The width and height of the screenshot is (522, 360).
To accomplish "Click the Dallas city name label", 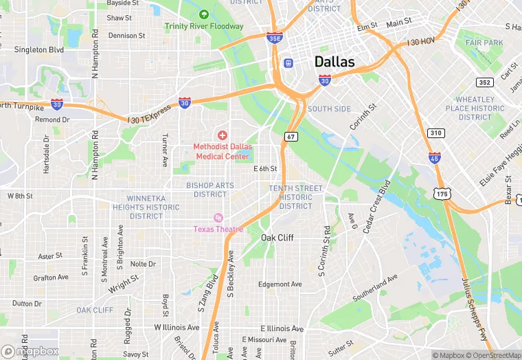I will pyautogui.click(x=334, y=62).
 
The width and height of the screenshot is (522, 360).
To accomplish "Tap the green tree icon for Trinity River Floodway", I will pyautogui.click(x=203, y=14).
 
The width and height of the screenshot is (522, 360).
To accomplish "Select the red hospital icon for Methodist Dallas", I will pyautogui.click(x=222, y=135).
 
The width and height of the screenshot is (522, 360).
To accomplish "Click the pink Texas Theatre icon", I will pyautogui.click(x=218, y=218).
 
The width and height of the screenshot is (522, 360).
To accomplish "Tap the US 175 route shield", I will pyautogui.click(x=441, y=194).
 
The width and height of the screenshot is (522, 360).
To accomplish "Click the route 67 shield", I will pyautogui.click(x=292, y=137).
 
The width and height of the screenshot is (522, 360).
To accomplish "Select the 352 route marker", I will pyautogui.click(x=485, y=82).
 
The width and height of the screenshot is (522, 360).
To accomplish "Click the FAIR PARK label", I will pyautogui.click(x=484, y=43).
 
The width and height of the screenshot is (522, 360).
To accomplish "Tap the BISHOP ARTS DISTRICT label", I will pyautogui.click(x=209, y=190).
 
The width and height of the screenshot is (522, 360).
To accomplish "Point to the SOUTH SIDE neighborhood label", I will pyautogui.click(x=329, y=109).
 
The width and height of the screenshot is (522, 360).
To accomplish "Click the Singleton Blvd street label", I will pyautogui.click(x=40, y=49).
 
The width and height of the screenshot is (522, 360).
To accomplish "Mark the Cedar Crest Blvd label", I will pyautogui.click(x=376, y=206).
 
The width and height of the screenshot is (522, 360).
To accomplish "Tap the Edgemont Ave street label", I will pyautogui.click(x=280, y=284).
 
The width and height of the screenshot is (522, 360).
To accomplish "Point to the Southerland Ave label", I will pyautogui.click(x=375, y=289).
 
